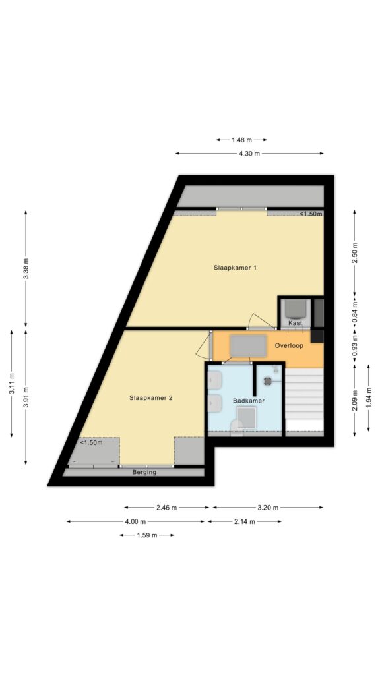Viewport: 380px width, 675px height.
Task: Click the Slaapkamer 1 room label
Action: point(236,268)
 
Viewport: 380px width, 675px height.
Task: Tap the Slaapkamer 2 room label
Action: point(151,398)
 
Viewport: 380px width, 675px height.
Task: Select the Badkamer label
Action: point(249,401)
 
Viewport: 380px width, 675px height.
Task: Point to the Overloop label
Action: point(289,345)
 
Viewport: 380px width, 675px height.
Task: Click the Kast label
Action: point(296,323)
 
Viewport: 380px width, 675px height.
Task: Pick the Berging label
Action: point(144,472)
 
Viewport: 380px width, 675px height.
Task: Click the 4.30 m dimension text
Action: point(249,153)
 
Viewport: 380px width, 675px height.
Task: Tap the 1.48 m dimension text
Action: point(241,140)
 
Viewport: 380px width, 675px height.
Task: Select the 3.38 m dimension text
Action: point(26,269)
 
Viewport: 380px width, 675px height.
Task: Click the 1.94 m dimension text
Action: point(369,397)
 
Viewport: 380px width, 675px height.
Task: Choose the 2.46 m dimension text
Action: point(167,508)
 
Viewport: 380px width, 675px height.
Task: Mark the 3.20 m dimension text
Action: point(268,508)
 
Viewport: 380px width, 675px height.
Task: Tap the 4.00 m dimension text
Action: point(135,521)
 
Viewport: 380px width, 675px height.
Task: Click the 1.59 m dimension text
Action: point(147,535)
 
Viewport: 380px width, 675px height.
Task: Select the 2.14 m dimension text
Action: point(245,521)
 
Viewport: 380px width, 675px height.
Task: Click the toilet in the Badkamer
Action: point(237,428)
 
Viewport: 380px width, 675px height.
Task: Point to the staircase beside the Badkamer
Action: point(304,399)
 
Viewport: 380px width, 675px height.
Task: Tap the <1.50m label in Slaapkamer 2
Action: point(91,442)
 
